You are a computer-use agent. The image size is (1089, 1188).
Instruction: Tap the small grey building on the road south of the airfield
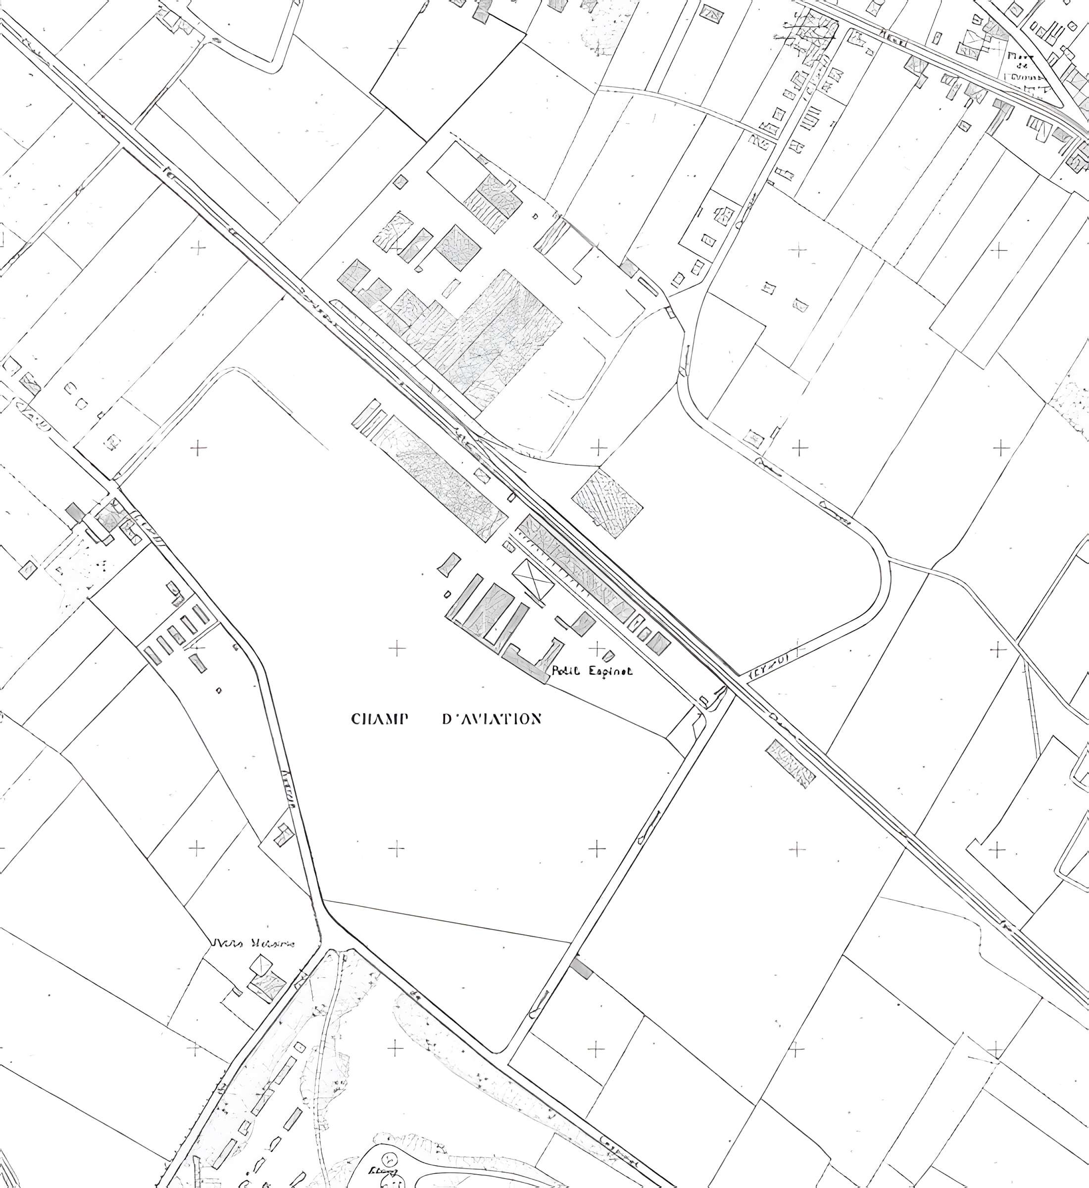point(581,969)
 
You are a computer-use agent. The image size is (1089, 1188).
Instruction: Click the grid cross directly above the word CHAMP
point(397,649)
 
